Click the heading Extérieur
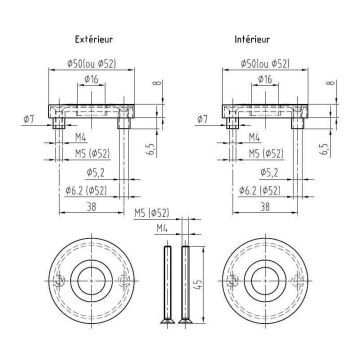pos(94,39)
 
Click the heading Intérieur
pos(252,39)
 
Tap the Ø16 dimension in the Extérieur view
pos(91,79)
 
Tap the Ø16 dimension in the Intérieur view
pos(265,79)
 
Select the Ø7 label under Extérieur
pos(29,119)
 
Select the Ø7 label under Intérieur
pos(203,119)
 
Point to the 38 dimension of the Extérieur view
pos(91,207)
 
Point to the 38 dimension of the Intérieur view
pos(265,207)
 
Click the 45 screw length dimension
pos(198,285)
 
